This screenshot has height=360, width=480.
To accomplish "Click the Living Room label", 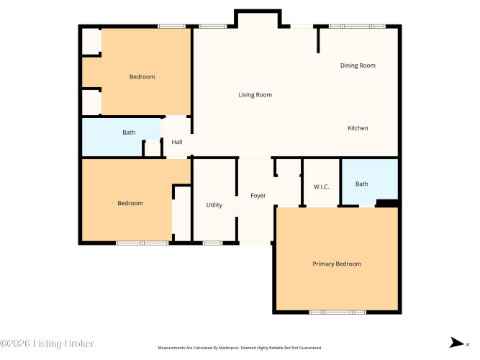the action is [255, 95].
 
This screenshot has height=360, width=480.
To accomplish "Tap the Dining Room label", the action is [358, 66].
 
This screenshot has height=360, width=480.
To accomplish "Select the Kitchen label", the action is [358, 128].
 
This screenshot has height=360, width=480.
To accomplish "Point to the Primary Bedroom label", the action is [337, 264].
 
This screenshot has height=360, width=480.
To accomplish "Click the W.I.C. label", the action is [321, 186].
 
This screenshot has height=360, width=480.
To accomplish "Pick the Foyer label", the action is [258, 196].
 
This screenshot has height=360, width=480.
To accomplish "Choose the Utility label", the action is [214, 205].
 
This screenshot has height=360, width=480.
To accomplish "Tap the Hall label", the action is [177, 142].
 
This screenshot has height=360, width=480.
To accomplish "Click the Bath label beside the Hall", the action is [129, 132].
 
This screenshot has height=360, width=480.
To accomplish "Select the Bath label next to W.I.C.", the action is [361, 184].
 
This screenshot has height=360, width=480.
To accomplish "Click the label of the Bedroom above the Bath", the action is [142, 76].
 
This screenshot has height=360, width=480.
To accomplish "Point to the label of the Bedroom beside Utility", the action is [130, 203].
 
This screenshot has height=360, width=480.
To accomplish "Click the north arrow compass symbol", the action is [457, 343].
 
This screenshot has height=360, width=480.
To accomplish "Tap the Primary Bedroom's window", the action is [338, 312].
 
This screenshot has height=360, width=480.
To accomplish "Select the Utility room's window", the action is [212, 243].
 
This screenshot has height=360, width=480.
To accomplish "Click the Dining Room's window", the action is [357, 27].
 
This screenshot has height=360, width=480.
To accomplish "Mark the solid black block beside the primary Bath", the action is [387, 203].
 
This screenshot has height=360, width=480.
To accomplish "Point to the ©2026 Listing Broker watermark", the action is [47, 343].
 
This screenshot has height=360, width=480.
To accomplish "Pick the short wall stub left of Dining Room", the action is [318, 40].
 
